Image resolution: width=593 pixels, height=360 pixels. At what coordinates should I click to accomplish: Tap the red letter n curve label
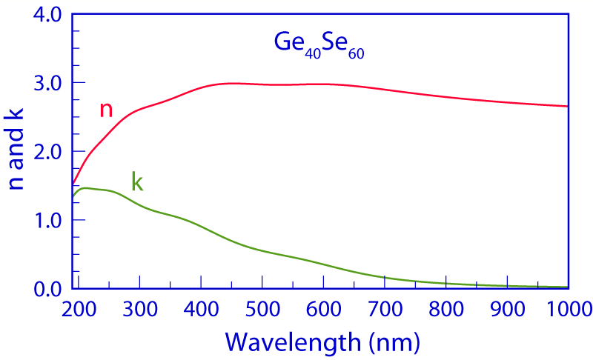106,110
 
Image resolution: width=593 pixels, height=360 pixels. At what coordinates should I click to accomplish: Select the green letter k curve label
136,181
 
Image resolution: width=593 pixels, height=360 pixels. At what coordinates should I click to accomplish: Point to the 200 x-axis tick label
79,309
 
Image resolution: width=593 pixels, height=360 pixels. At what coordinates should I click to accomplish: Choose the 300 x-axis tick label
140,309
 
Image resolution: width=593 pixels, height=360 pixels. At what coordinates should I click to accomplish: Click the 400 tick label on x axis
201,309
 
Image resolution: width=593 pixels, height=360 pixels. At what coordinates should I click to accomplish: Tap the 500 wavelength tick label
262,309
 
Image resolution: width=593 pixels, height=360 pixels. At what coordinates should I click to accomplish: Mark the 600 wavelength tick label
324,309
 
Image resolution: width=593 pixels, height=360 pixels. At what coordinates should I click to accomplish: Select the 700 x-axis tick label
385,309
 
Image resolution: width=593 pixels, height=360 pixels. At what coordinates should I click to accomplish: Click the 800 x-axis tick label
446,309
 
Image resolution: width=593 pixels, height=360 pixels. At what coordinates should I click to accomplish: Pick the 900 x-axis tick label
508,309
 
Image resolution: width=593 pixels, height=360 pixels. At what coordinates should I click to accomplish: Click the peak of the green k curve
85,188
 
